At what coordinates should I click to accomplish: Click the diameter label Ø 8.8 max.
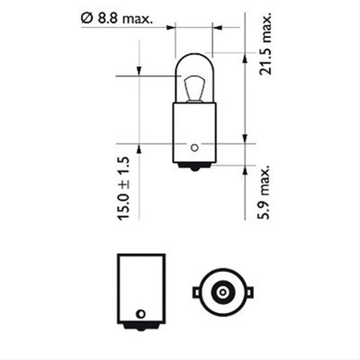[115, 18]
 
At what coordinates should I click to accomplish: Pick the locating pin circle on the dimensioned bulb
[195, 148]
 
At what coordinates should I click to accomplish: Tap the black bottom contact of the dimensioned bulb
[194, 167]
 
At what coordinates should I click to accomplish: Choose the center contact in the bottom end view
[221, 292]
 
